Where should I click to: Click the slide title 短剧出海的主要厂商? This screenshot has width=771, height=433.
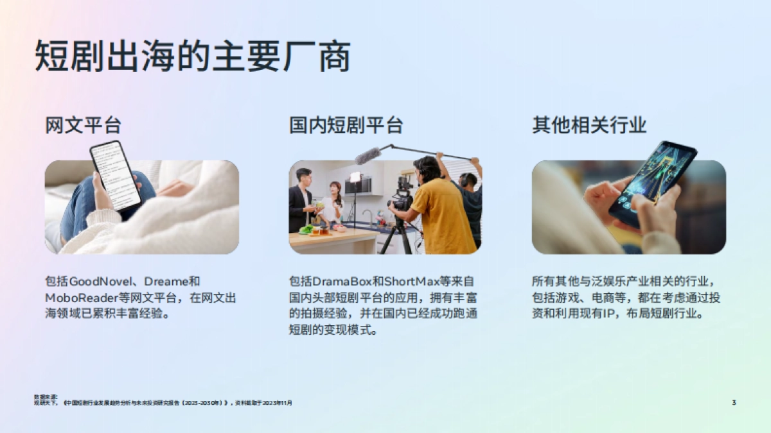pos(193,57)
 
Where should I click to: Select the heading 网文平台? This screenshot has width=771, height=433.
pos(84,126)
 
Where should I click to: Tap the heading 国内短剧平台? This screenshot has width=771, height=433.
pos(346,126)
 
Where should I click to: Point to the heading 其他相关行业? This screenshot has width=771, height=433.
pos(589,126)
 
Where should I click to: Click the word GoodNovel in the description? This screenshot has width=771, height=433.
pos(100,282)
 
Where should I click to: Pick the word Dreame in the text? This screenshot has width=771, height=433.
pos(166,282)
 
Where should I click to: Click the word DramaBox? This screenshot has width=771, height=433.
pos(341,282)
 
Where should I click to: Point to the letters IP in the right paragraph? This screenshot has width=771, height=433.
pos(607,315)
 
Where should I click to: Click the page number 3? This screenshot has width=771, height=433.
pos(734,402)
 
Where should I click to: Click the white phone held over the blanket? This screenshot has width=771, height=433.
pos(116,174)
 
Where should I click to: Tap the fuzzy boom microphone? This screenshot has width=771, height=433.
pos(369,155)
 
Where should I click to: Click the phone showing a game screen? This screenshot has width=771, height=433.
pos(653,182)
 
